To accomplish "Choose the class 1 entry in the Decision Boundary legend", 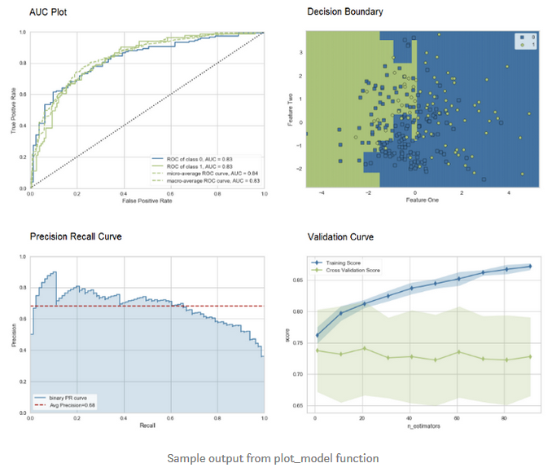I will tap(530, 46).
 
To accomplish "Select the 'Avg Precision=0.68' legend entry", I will tap(72, 404).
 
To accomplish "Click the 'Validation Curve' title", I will tap(341, 237).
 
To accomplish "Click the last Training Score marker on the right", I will tap(531, 266).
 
